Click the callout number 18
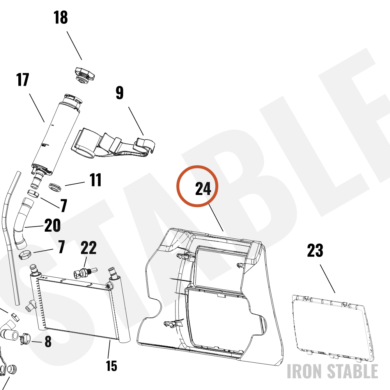click(61, 18)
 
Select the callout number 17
click(23, 80)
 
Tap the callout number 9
click(120, 93)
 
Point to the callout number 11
click(96, 180)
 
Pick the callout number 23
click(315, 250)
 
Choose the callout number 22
click(89, 248)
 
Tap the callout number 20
click(53, 225)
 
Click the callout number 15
click(112, 366)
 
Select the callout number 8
click(48, 342)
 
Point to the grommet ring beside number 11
click(55, 187)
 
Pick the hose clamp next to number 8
click(25, 339)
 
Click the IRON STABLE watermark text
click(333, 371)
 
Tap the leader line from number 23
click(327, 279)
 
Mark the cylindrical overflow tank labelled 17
click(56, 134)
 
